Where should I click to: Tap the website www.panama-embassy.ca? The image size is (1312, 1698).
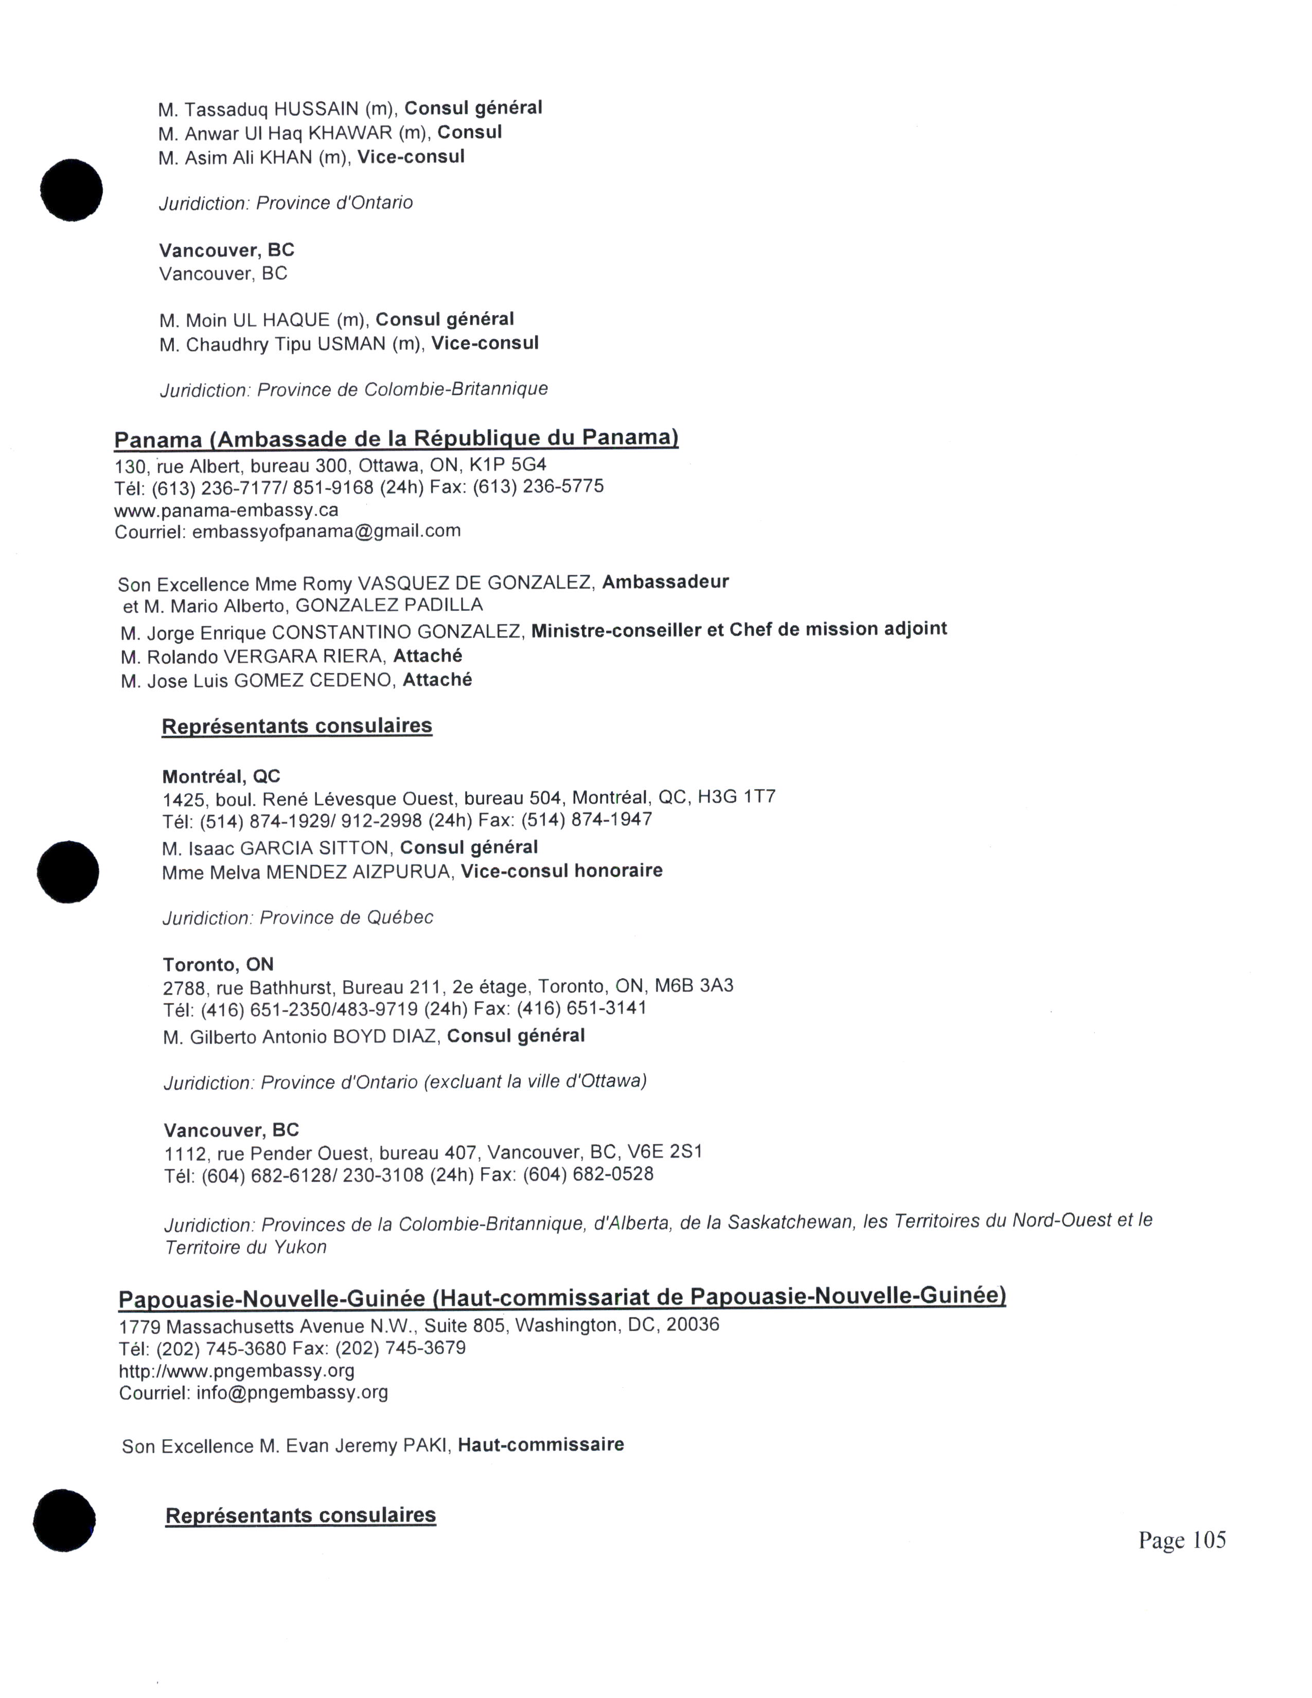tap(226, 510)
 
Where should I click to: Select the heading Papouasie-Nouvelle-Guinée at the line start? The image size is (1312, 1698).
tap(271, 1299)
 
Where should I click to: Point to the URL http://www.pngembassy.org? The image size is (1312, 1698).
tap(236, 1371)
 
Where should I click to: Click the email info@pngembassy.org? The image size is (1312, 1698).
tap(292, 1392)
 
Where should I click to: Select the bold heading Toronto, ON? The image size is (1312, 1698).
tap(218, 965)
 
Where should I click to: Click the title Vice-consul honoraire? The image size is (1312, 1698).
tap(561, 871)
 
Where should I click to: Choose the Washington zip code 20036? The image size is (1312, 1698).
tap(693, 1325)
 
